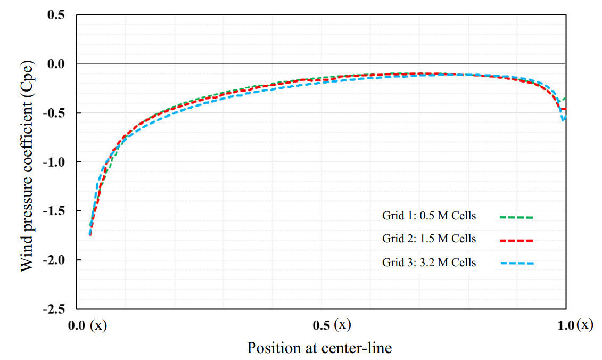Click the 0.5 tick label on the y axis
56,15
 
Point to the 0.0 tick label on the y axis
56,64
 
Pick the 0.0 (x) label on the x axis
89,325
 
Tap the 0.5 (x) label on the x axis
333,325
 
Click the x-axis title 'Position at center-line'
319,348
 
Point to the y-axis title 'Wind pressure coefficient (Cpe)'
26,162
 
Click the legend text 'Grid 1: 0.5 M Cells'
429,216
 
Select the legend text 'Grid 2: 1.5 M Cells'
429,239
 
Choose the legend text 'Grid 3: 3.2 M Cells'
429,263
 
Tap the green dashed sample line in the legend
516,217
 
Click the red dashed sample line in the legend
516,241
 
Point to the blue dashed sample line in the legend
516,264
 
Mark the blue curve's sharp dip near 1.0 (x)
563,121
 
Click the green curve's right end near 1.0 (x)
565,99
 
